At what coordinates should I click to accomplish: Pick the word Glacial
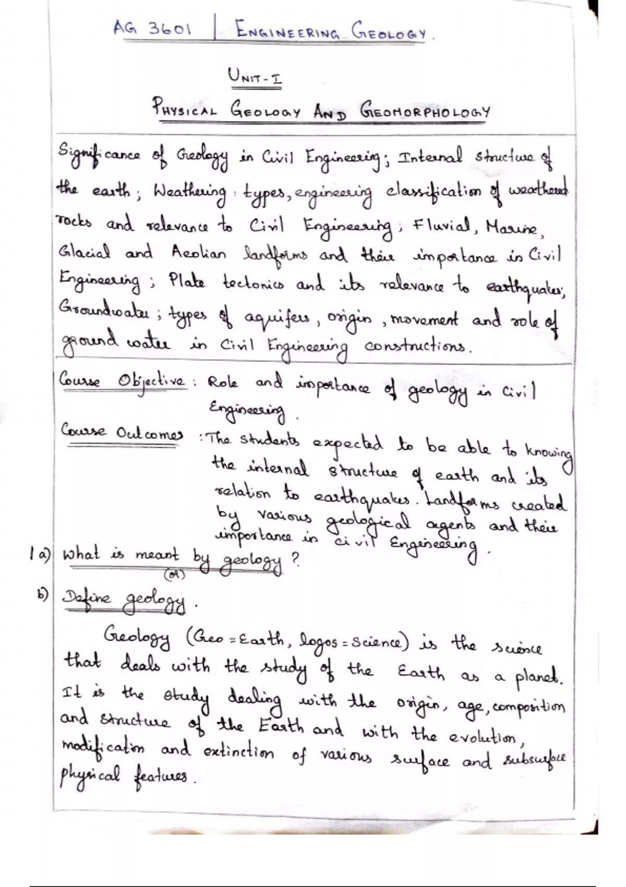point(85,254)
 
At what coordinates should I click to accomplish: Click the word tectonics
point(253,285)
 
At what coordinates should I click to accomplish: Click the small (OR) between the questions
point(171,574)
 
